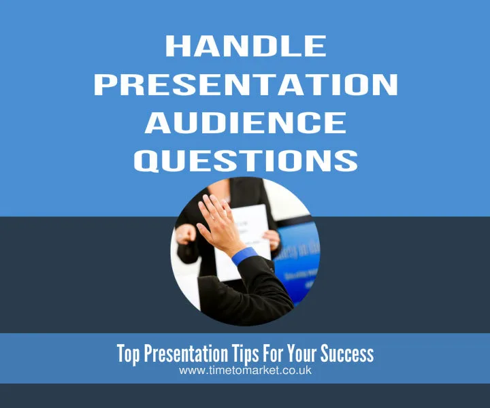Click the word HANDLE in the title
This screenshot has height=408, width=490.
[x=245, y=46]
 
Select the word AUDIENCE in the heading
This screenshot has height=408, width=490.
[x=245, y=122]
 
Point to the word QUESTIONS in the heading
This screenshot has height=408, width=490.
[x=245, y=160]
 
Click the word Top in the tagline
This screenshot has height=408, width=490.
[x=129, y=354]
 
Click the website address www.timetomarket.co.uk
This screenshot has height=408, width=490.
[x=245, y=371]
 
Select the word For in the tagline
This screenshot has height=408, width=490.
[x=277, y=354]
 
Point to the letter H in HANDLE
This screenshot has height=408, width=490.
[x=176, y=46]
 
